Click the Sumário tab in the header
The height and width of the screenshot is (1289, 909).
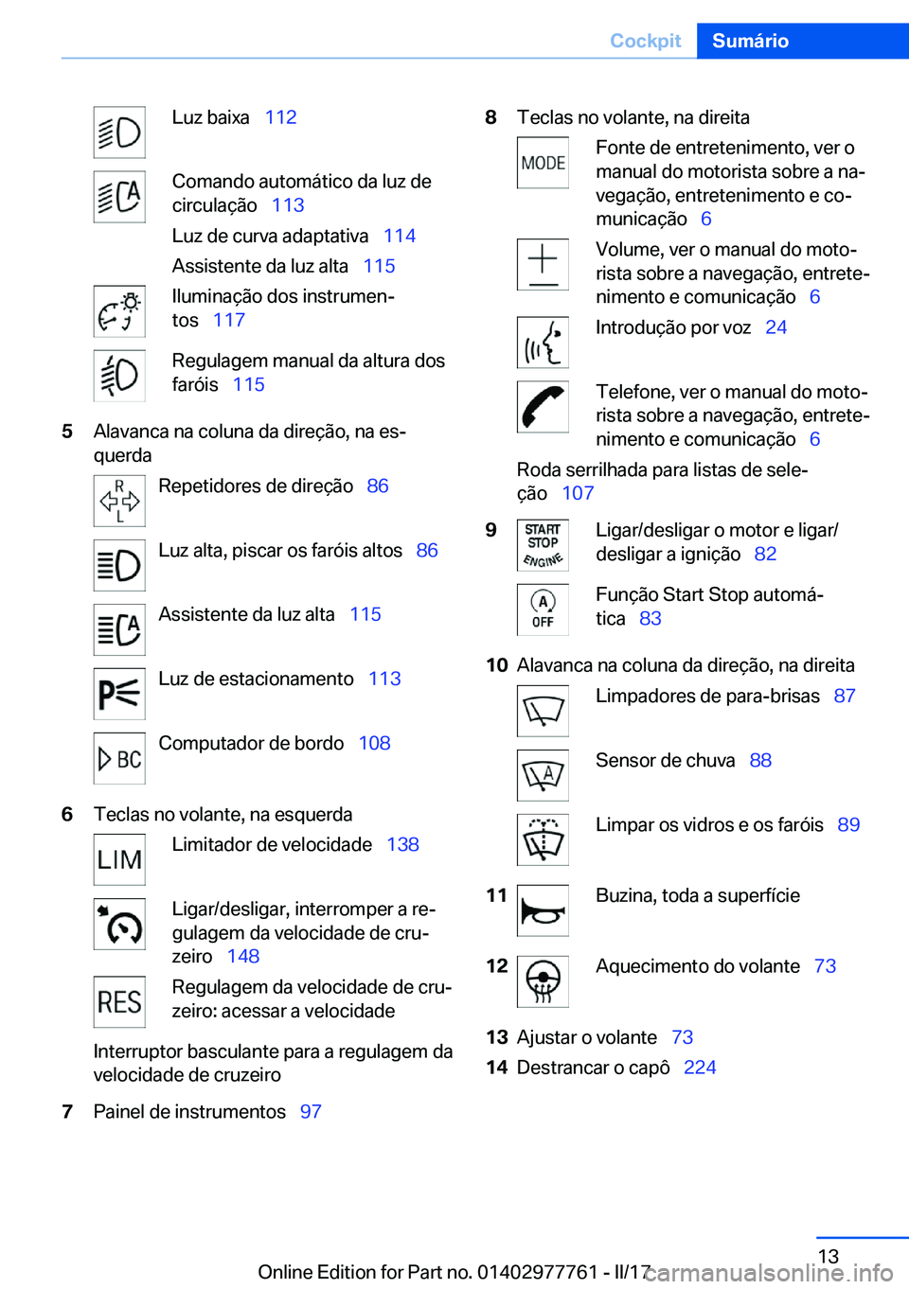point(750,41)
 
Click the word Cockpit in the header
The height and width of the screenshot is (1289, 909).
point(645,41)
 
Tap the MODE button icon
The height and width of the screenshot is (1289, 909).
point(543,163)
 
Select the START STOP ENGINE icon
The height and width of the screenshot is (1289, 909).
point(543,545)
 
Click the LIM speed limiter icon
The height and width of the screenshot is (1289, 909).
point(119,859)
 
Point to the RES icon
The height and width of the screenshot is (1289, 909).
point(119,1001)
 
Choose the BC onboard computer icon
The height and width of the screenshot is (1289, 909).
point(119,758)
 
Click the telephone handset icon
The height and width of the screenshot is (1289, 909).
point(543,407)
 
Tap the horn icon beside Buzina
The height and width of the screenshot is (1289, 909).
point(543,910)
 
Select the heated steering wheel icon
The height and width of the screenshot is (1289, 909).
point(543,981)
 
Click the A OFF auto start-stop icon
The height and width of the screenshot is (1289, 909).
point(543,609)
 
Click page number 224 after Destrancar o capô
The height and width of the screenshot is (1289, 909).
point(700,1068)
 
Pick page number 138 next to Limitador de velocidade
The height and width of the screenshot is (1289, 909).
point(402,844)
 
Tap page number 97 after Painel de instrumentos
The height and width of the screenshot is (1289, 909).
point(311,1111)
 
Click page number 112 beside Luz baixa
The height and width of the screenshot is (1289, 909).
point(280,117)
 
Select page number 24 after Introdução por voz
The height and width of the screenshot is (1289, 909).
point(775,327)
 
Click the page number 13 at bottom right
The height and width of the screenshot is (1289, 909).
point(828,1256)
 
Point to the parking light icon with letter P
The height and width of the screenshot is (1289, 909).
point(119,694)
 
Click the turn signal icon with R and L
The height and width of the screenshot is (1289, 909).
point(119,501)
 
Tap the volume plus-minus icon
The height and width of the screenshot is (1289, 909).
point(543,264)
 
